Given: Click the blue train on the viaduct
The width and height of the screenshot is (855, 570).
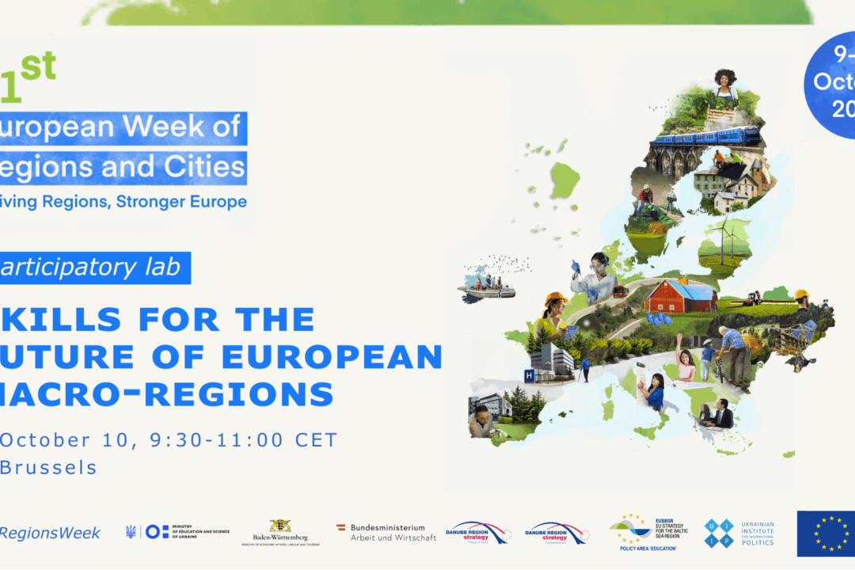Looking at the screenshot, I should tap(706, 138).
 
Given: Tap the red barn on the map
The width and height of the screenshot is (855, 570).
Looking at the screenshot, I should tap(679, 296).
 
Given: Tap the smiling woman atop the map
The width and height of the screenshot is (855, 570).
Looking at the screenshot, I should tap(725, 84).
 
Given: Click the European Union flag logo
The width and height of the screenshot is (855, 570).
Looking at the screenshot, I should tap(826, 534).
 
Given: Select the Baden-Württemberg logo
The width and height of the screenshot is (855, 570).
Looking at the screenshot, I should tap(280, 531).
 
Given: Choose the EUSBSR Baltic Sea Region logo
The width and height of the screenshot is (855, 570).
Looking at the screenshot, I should tap(648, 530).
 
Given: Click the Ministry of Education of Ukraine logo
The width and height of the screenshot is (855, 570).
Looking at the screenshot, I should tap(177, 531).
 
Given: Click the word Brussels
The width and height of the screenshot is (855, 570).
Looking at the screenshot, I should tap(49, 467).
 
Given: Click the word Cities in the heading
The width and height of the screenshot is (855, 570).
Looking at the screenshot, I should tap(203, 166).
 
